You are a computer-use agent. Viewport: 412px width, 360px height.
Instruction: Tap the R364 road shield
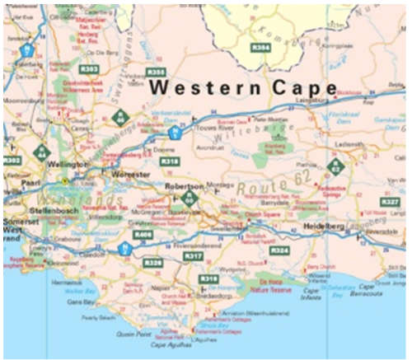pyautogui.click(x=261, y=49)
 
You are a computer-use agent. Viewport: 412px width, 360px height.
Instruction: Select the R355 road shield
pyautogui.click(x=156, y=72)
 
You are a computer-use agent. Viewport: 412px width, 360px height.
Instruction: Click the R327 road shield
pyautogui.click(x=391, y=202)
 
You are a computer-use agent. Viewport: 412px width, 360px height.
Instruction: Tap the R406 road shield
pyautogui.click(x=143, y=235)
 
